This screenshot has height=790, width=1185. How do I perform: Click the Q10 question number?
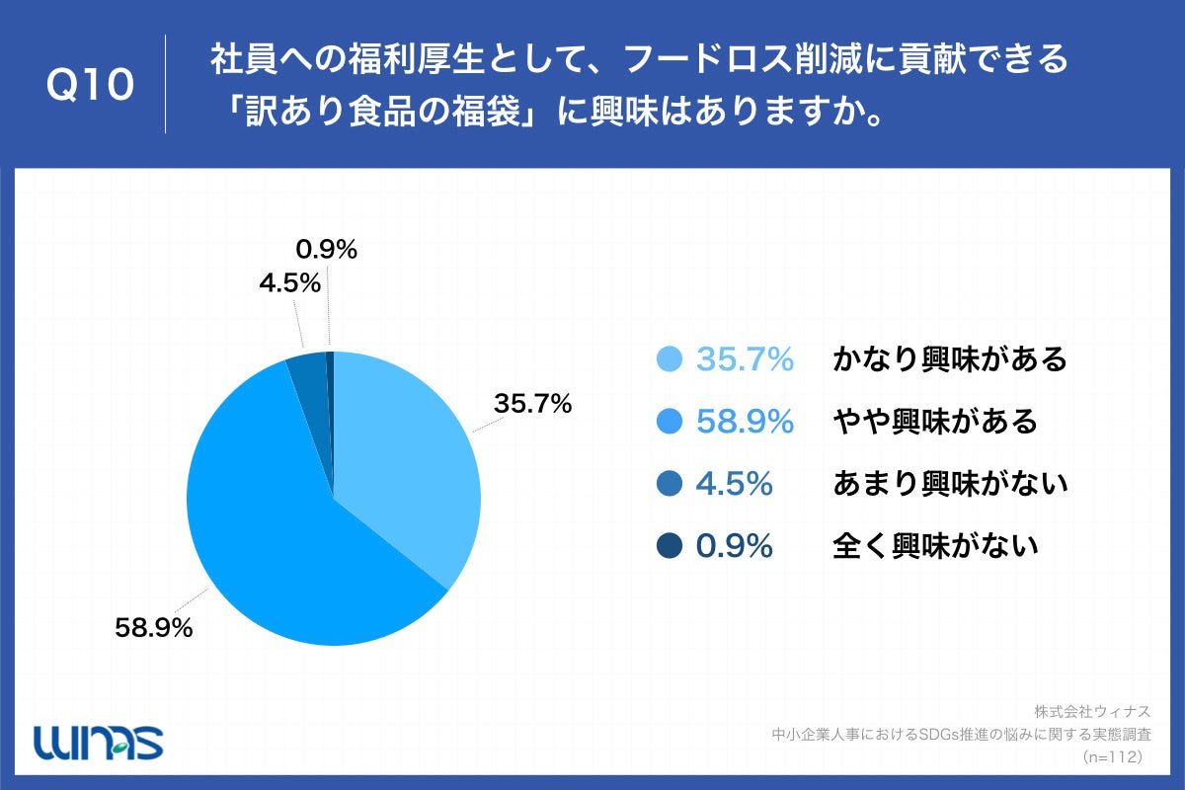pos(90,85)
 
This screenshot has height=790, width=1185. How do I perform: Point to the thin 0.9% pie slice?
pos(331,395)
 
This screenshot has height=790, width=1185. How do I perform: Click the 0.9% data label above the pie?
pos(326,251)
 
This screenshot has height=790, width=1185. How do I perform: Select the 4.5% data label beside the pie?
pos(290,283)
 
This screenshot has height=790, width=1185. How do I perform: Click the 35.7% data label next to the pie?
pos(533,404)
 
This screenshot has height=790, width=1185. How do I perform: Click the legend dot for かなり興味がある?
pos(671,359)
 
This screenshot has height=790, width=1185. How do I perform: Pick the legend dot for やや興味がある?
pos(671,422)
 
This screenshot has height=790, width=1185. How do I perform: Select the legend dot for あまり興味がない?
pos(671,484)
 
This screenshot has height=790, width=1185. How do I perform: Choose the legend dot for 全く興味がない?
pos(671,545)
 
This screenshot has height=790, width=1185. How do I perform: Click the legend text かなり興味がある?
pos(950,359)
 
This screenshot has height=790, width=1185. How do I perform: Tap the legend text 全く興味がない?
pos(935,545)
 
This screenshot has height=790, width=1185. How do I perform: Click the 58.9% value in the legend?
pos(745,422)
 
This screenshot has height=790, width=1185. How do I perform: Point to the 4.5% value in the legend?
pos(734,484)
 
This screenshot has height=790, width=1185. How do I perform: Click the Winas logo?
pos(98,741)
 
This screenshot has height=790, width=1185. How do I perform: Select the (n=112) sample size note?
pos(1112,756)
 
